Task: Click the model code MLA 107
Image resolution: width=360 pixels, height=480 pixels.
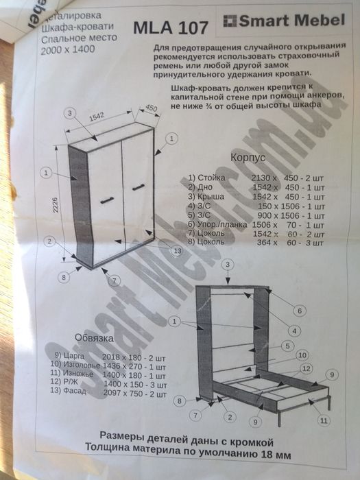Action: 169,29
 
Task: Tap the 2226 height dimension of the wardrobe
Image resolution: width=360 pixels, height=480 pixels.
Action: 62,205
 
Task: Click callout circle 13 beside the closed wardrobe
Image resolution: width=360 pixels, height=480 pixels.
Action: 178,252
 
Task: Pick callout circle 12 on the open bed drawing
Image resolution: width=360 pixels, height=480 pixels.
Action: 306,368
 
